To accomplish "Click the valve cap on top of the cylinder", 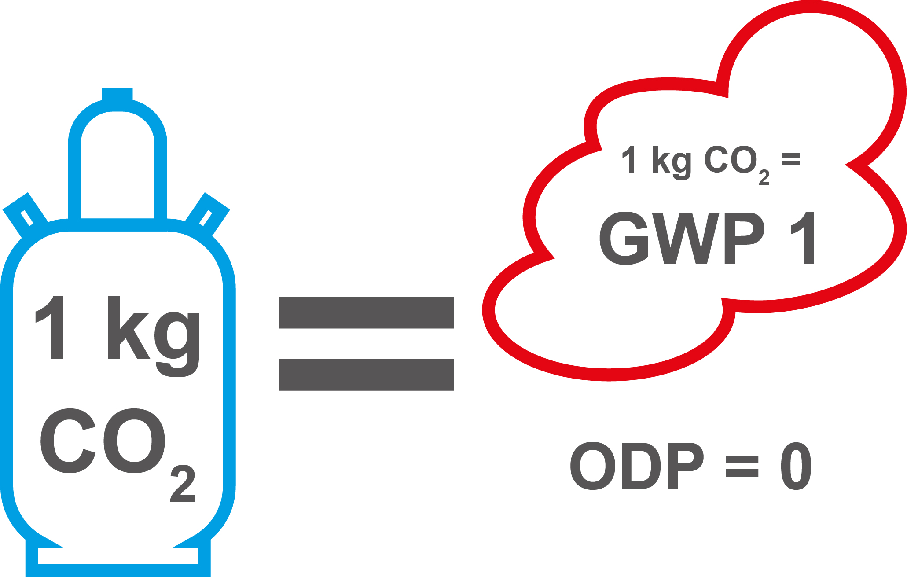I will tap(117, 94).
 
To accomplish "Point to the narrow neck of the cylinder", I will tap(118, 167).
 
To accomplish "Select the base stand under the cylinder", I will tap(118, 563).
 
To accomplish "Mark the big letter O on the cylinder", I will tap(134, 441).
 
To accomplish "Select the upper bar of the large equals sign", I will tap(366, 312).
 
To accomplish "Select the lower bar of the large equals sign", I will tap(366, 375).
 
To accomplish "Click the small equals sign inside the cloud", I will tap(790, 159).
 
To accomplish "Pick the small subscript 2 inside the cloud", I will tap(764, 177).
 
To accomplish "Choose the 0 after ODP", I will tap(796, 466).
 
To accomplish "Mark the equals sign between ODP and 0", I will tap(742, 467).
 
